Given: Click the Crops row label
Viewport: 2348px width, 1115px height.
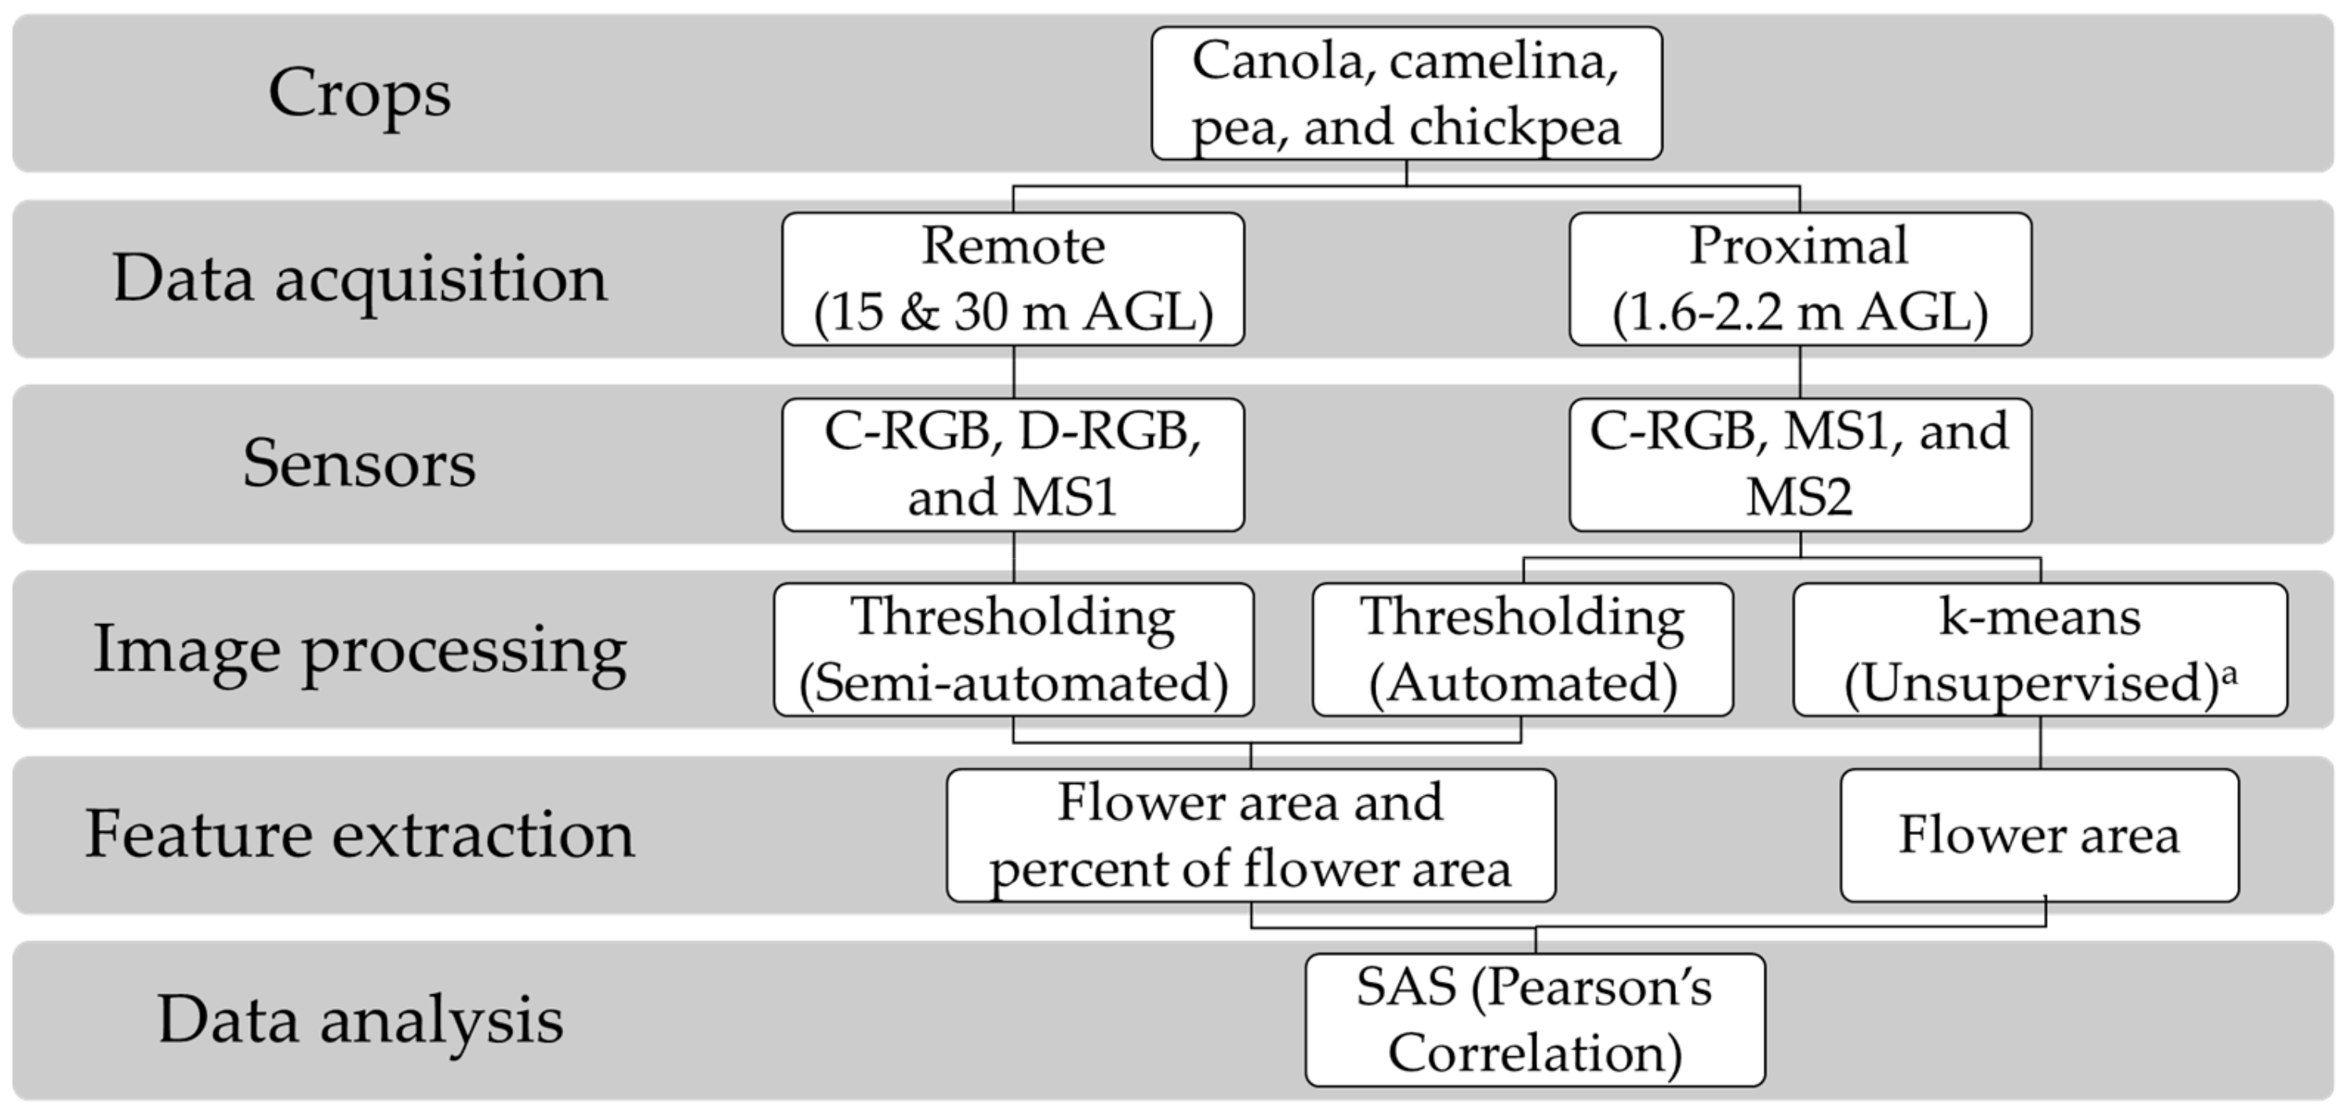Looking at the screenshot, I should click(359, 93).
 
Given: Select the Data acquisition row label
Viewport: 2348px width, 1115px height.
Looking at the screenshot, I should click(359, 278).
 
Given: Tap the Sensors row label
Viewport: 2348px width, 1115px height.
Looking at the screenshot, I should click(359, 464).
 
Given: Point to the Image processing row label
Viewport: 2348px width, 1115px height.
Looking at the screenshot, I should click(359, 649).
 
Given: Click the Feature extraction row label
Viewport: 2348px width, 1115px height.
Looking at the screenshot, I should click(359, 834).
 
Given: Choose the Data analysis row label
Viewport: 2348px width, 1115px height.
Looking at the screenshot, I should click(359, 1020).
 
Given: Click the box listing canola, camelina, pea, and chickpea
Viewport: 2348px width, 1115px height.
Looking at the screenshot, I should click(1406, 93).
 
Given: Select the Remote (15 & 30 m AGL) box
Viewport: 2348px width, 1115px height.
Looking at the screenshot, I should click(1012, 279).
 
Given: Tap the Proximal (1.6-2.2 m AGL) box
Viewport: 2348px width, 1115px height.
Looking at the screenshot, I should click(1799, 279).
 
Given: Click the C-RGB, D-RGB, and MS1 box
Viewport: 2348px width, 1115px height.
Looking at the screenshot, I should click(1012, 464).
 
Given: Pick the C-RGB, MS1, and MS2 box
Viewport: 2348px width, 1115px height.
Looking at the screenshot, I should click(1799, 464).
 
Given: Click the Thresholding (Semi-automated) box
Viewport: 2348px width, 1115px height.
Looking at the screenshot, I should click(1012, 649).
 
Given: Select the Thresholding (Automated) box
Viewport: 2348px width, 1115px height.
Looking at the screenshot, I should click(1522, 649).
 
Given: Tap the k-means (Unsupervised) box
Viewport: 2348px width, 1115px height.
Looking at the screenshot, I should click(2039, 649).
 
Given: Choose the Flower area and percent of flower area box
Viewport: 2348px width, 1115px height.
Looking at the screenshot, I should click(1251, 835).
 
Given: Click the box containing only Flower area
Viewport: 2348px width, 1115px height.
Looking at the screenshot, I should click(2039, 835).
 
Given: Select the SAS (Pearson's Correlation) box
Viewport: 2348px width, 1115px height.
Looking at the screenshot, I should click(1535, 1020).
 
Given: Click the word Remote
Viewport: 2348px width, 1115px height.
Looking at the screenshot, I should click(1012, 246).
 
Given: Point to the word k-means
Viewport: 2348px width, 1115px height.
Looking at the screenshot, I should click(2039, 617).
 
